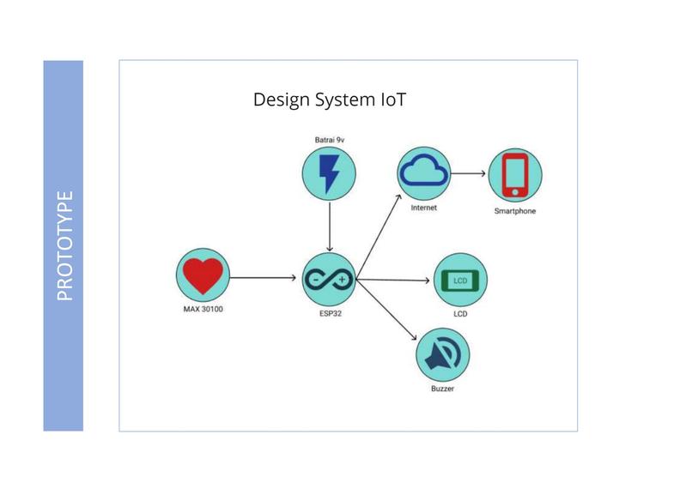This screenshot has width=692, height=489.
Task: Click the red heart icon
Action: [203, 275]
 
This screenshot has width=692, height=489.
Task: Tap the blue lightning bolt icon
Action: [329, 174]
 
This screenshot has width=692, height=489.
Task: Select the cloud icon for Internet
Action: [423, 171]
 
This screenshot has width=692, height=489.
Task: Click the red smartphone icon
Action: [515, 175]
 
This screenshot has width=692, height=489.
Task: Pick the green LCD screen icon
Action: [460, 281]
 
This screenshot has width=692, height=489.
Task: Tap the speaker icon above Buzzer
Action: [443, 354]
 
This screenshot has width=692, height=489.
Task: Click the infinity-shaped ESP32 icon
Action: [329, 280]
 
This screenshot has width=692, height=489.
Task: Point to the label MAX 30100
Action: [203, 309]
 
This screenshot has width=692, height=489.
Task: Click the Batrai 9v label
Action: [329, 140]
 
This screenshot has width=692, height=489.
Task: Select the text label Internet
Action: [423, 208]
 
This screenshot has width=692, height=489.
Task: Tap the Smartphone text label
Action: [515, 211]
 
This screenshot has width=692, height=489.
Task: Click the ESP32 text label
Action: [331, 313]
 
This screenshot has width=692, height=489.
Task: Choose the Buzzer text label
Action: [443, 389]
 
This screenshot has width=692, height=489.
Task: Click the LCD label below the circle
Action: [460, 314]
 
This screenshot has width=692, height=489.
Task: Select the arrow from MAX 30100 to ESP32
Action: [263, 277]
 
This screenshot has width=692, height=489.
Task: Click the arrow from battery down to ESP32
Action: [329, 226]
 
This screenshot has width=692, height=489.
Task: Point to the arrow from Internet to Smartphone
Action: [468, 173]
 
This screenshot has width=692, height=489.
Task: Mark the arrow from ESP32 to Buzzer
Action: [386, 310]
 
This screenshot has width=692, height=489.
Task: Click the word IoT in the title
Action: [392, 100]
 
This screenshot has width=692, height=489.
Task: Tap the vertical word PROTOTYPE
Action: [64, 245]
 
